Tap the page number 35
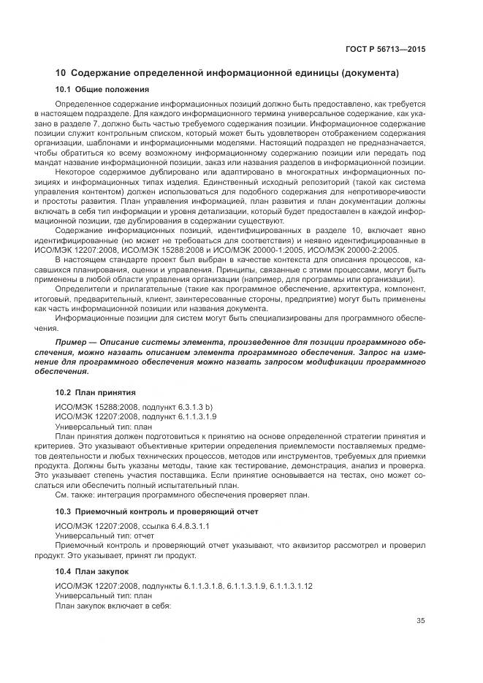(420, 621)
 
